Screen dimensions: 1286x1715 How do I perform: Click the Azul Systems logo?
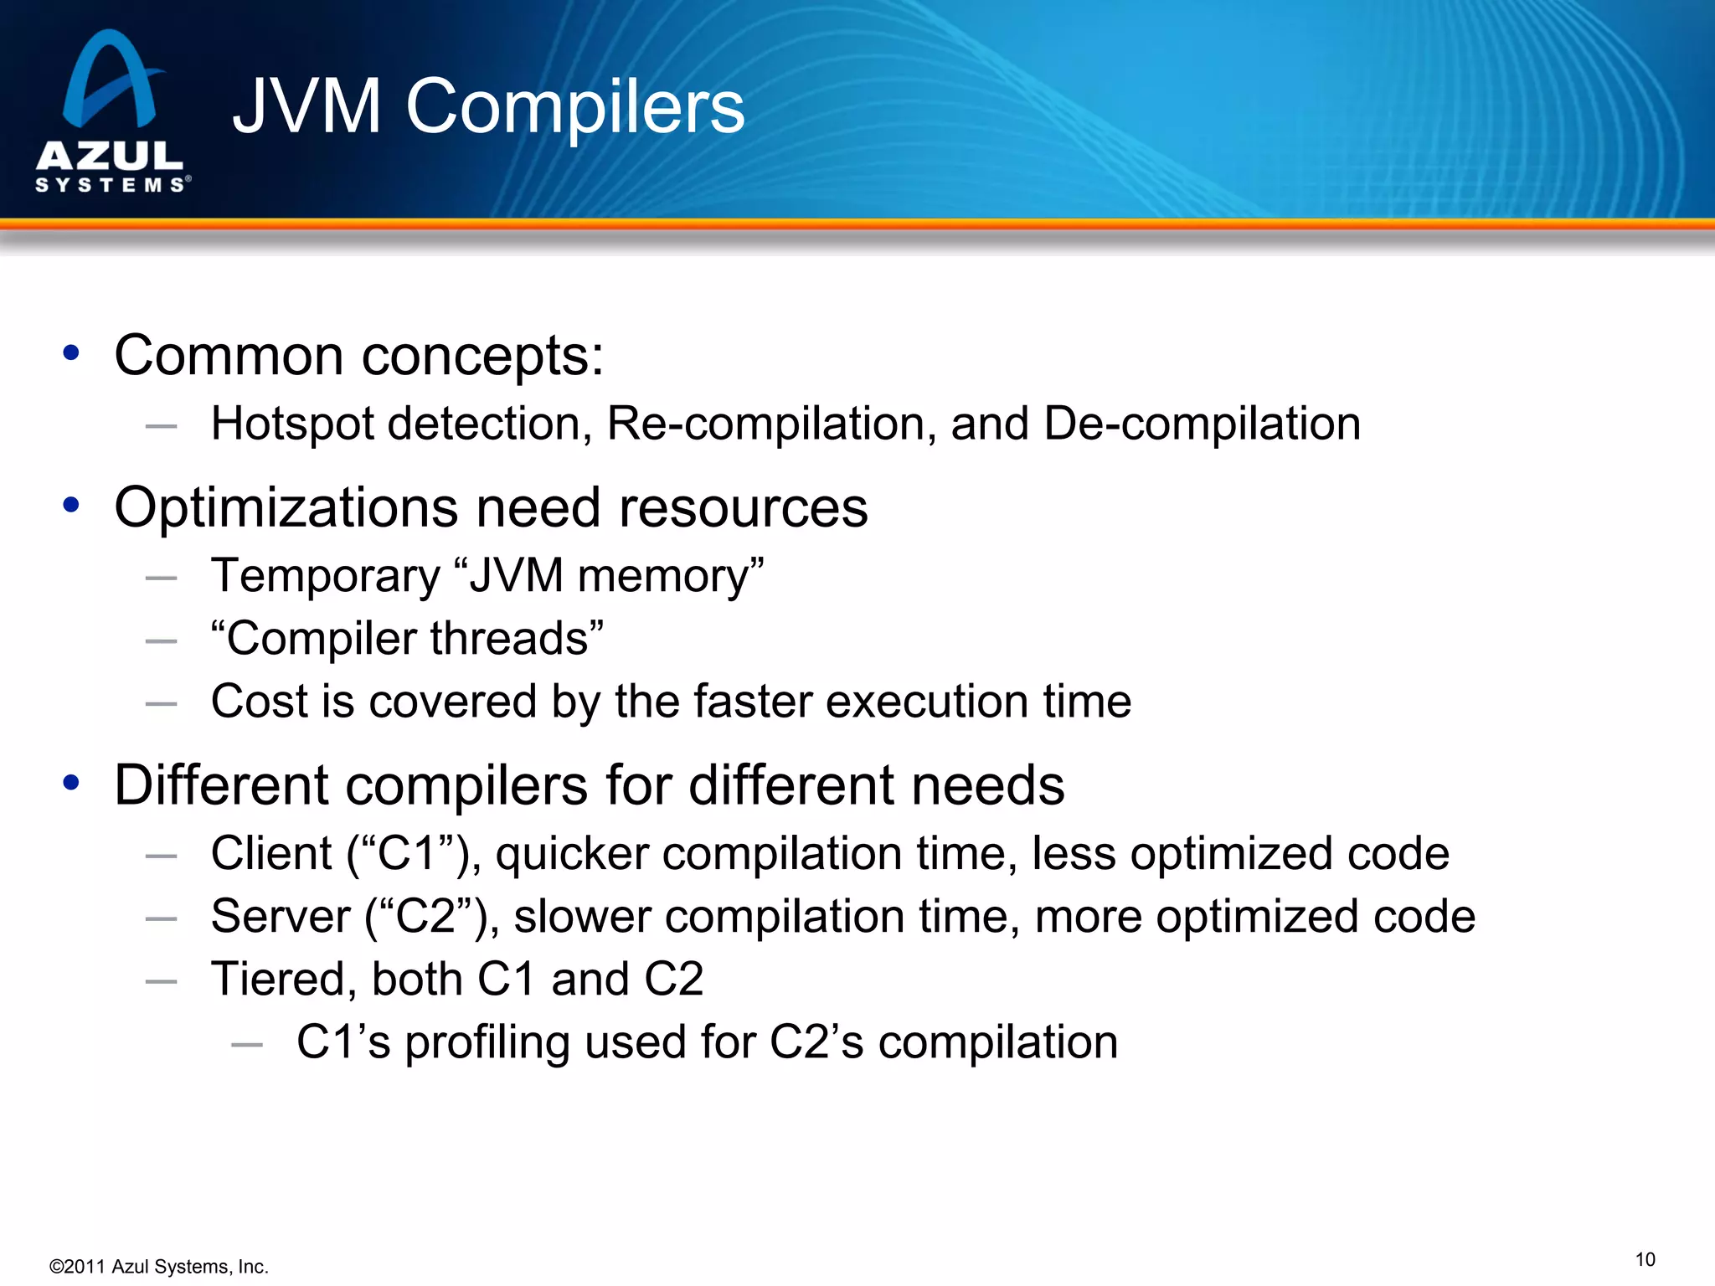click(111, 111)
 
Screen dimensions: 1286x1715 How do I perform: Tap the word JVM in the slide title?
click(307, 106)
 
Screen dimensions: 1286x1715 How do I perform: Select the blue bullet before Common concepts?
click(71, 352)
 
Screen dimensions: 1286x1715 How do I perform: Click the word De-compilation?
click(1202, 424)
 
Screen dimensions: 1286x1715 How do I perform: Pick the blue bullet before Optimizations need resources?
click(71, 505)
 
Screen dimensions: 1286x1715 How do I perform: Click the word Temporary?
click(325, 576)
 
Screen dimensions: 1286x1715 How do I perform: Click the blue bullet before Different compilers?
click(71, 783)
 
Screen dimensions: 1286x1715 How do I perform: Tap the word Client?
click(271, 854)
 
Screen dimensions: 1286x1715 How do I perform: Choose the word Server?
click(281, 916)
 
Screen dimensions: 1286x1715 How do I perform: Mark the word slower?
click(582, 916)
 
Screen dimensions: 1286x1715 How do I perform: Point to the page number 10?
click(1645, 1260)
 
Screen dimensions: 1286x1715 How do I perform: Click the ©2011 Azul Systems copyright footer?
click(159, 1267)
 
